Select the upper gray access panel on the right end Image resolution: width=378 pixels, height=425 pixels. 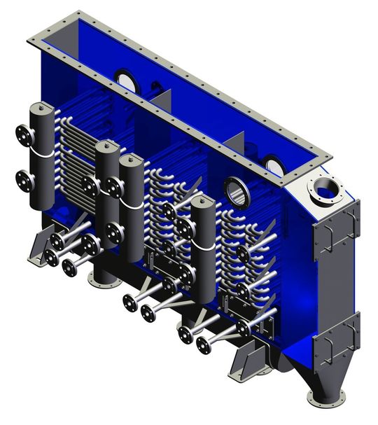coord(335,230)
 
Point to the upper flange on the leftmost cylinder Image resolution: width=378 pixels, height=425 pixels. coord(23,133)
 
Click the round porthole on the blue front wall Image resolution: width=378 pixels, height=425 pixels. coord(237,193)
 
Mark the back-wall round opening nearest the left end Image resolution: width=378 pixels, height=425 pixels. coord(126,80)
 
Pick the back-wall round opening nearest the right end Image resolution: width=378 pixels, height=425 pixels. coord(274,165)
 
